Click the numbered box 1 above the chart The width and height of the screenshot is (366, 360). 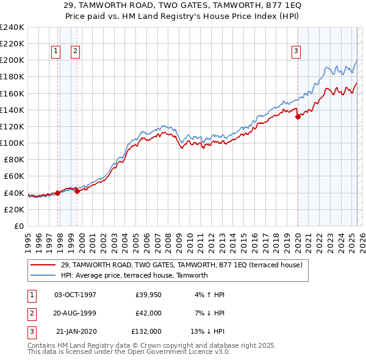pyautogui.click(x=56, y=52)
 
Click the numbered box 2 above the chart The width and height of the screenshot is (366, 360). pyautogui.click(x=75, y=52)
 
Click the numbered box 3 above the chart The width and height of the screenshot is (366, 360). pyautogui.click(x=295, y=52)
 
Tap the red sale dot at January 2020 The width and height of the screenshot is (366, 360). pyautogui.click(x=298, y=117)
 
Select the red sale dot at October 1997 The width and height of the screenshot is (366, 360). pyautogui.click(x=58, y=193)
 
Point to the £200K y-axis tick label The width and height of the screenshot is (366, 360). pyautogui.click(x=12, y=60)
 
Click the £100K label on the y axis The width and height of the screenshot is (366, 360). pyautogui.click(x=12, y=143)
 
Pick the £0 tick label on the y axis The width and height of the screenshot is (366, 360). pyautogui.click(x=18, y=226)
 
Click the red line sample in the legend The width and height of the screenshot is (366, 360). pyautogui.click(x=43, y=265)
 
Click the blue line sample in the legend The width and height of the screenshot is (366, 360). pyautogui.click(x=43, y=275)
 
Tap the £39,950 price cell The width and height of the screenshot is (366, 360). pyautogui.click(x=146, y=295)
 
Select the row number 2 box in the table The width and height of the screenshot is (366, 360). pyautogui.click(x=30, y=313)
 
